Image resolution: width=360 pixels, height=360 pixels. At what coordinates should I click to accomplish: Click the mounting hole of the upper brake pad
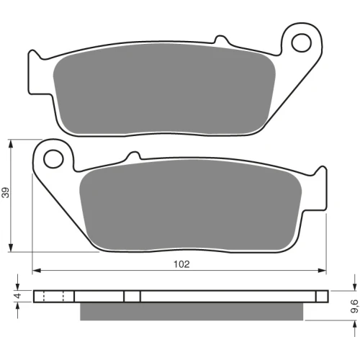tap(302, 43)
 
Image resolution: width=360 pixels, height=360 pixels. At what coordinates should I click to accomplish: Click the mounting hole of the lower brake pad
tap(53, 158)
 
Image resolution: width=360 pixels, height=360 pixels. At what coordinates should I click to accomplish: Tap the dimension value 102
tap(181, 264)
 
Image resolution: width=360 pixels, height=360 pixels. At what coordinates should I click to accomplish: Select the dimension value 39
tap(6, 192)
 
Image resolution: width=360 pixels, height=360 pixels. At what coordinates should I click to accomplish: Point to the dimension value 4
tap(18, 296)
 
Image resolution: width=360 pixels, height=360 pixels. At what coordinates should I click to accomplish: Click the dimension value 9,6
tap(355, 307)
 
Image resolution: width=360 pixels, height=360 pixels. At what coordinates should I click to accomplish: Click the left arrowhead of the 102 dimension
tap(36, 271)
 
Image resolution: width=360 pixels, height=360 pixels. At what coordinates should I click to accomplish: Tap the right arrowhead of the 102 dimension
tap(322, 271)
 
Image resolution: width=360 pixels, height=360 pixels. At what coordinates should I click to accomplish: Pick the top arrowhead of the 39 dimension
tap(11, 143)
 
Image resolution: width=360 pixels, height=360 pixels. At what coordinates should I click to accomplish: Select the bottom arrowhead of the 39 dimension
tap(11, 248)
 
